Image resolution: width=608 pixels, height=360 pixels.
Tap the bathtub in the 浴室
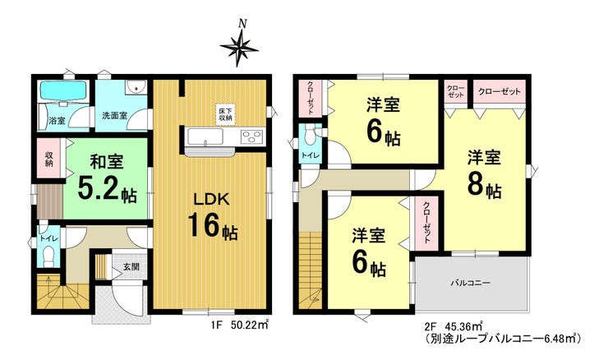point(63,91)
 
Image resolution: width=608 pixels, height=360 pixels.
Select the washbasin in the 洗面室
point(136,87)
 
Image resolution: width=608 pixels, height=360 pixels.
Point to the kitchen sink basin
point(205,136)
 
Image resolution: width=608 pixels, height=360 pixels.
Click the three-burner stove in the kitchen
point(252,137)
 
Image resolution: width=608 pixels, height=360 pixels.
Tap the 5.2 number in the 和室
point(97,187)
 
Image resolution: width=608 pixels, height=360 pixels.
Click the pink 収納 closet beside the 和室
point(49,158)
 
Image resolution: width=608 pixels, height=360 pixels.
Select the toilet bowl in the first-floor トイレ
point(48,256)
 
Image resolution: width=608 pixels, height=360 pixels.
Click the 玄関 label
point(131,267)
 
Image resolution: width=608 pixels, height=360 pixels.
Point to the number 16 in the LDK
point(205,225)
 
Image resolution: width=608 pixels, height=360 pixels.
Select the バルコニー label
point(470,283)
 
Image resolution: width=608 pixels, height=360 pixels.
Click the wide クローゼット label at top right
point(499,92)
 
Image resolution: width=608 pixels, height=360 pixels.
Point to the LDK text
point(211,200)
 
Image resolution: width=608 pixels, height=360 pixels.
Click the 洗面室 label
point(115,115)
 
